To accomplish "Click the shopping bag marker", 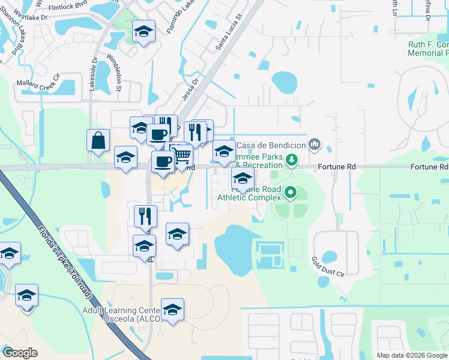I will coord(98,142).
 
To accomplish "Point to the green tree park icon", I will coord(291,160).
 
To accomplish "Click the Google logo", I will coord(20,353).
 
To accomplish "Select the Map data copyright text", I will coord(411,355).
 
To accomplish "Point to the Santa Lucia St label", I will coord(229,33).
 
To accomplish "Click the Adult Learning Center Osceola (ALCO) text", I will coord(122,314).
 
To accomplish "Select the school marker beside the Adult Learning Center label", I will coord(172,310).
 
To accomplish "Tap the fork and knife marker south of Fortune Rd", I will coord(145,217).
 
